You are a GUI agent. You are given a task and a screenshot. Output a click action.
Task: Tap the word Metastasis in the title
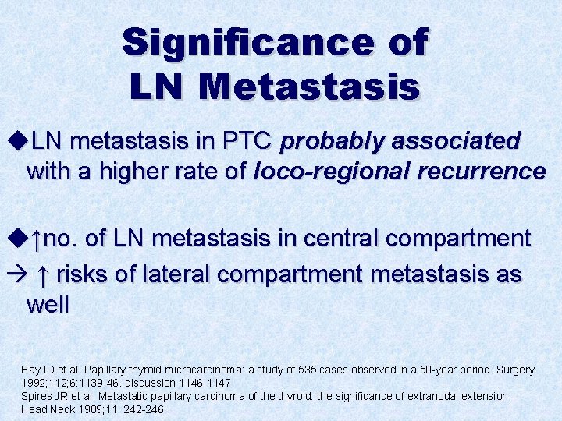point(308,85)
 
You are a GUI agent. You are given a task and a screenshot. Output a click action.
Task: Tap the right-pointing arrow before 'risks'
point(16,274)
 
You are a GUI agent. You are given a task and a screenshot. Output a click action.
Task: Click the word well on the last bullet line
point(48,303)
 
